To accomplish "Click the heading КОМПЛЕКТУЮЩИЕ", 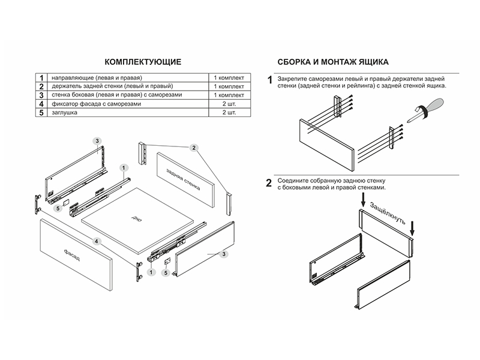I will tap(143, 62).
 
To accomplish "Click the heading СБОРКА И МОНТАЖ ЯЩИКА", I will tap(333, 62).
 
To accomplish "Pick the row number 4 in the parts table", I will tap(41, 104).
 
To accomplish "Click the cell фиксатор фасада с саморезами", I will tap(97, 104).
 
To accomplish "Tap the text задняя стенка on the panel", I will tap(185, 177).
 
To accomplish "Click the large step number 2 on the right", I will tap(269, 183).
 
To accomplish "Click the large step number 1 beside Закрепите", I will tap(269, 80).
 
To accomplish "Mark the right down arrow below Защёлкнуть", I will tap(413, 228).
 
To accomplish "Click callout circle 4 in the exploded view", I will tap(97, 241).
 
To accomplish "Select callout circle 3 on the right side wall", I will tap(223, 255).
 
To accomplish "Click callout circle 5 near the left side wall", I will tap(58, 208).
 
